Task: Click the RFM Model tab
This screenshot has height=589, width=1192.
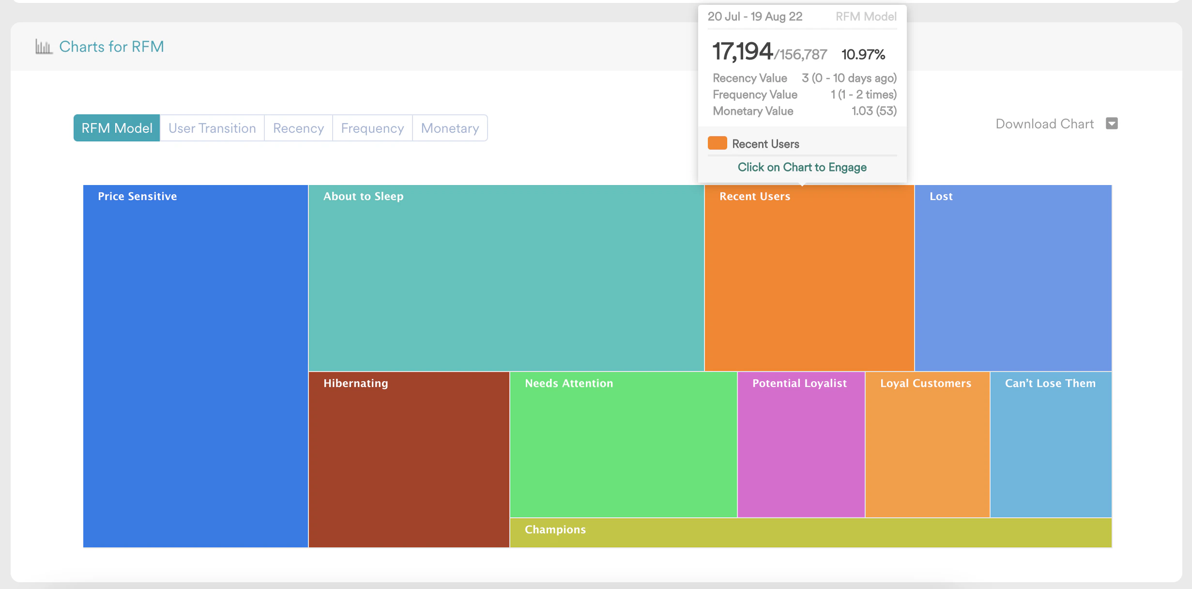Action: pyautogui.click(x=117, y=128)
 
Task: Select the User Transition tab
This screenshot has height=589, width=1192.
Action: pyautogui.click(x=212, y=128)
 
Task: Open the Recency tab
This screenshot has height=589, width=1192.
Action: pyautogui.click(x=298, y=128)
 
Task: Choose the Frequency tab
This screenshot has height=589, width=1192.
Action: pyautogui.click(x=372, y=128)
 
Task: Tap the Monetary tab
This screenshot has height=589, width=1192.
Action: pyautogui.click(x=450, y=128)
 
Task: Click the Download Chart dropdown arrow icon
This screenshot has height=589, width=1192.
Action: pyautogui.click(x=1112, y=124)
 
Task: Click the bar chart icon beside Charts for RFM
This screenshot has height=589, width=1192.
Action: pyautogui.click(x=44, y=47)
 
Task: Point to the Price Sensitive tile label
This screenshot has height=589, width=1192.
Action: pyautogui.click(x=138, y=196)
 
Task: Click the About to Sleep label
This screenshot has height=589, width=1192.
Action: pyautogui.click(x=363, y=196)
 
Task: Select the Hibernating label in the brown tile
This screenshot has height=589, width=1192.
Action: pyautogui.click(x=356, y=383)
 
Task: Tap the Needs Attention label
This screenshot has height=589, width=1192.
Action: pyautogui.click(x=569, y=383)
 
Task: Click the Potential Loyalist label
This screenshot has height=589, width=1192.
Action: pyautogui.click(x=799, y=383)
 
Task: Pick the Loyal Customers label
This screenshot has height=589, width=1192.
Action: pyautogui.click(x=926, y=383)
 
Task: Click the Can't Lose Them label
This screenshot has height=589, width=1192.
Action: pyautogui.click(x=1050, y=383)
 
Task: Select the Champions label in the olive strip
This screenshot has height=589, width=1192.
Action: pyautogui.click(x=555, y=529)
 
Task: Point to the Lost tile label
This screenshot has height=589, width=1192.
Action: pyautogui.click(x=941, y=196)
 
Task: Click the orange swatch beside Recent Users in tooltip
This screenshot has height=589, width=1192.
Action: pyautogui.click(x=717, y=143)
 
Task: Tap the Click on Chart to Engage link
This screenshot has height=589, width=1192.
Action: pyautogui.click(x=802, y=167)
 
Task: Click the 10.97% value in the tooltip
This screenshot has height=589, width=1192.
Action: pyautogui.click(x=863, y=54)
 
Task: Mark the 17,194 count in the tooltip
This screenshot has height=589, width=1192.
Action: pyautogui.click(x=742, y=51)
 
